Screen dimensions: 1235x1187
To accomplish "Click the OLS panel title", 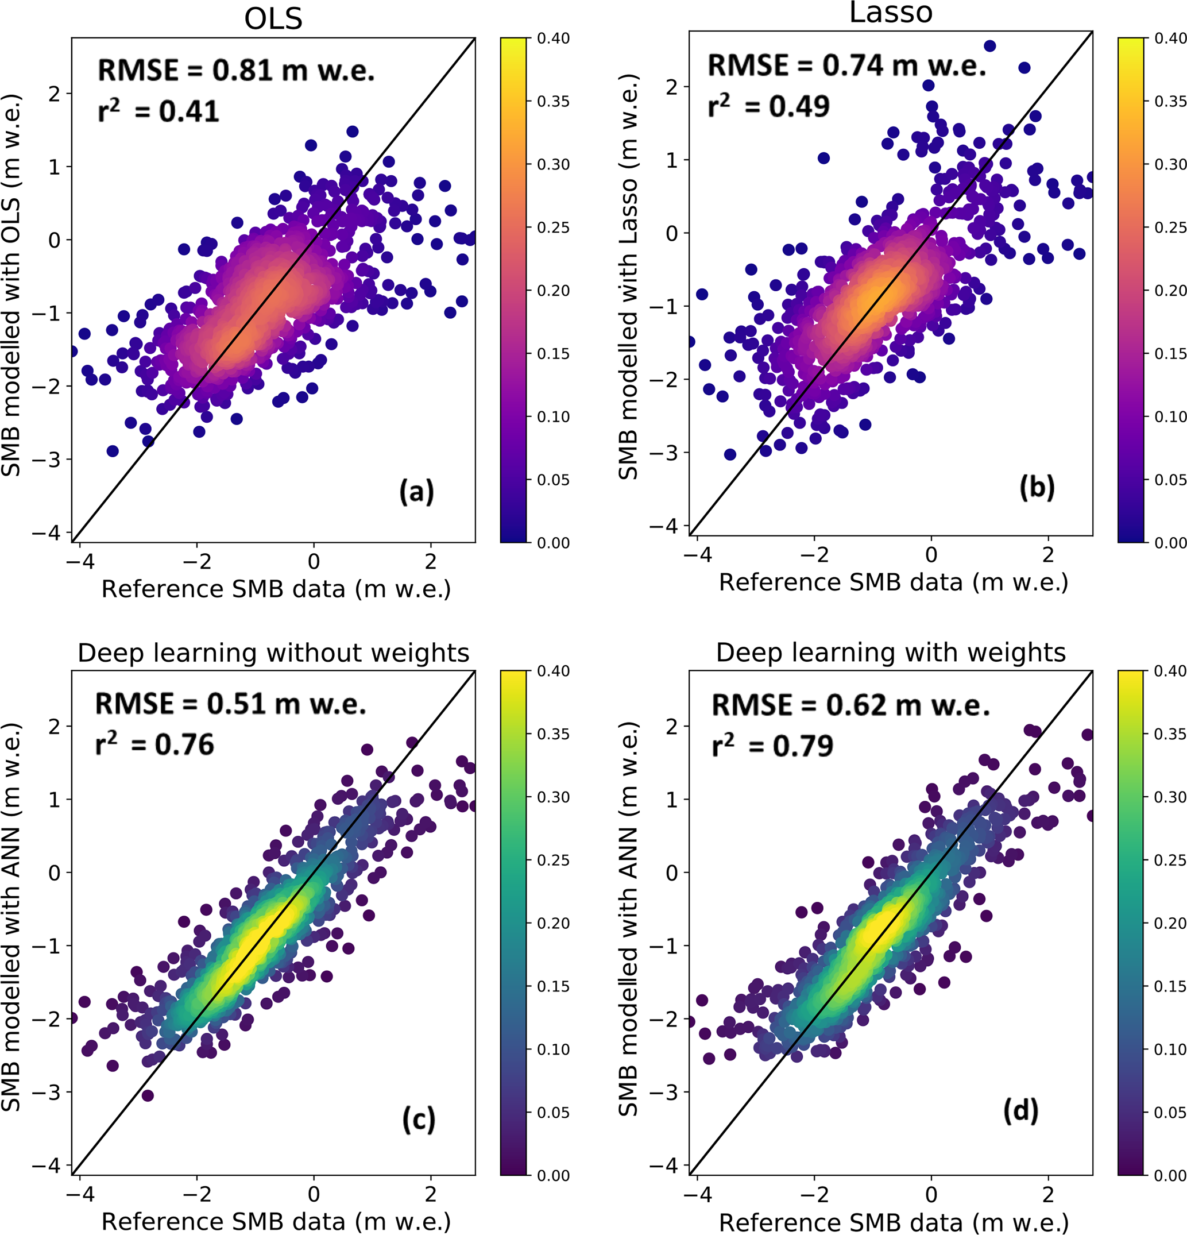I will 273,19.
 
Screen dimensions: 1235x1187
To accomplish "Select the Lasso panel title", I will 890,13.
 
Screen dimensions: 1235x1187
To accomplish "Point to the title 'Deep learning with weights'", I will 890,652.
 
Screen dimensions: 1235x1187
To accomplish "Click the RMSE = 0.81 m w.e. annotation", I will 236,70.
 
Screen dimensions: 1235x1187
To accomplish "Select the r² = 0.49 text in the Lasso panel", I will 769,106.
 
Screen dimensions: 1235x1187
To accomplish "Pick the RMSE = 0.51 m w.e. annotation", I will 231,704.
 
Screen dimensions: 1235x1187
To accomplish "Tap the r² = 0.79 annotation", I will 772,746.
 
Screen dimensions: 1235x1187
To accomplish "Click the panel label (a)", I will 416,492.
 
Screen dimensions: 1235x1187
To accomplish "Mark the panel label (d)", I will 1020,1110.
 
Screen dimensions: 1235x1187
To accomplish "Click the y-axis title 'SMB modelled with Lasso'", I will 628,277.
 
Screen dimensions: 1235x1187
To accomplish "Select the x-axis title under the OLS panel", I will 276,589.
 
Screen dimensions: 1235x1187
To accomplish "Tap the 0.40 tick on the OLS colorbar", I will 553,38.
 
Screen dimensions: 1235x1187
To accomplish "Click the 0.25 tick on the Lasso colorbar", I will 1170,227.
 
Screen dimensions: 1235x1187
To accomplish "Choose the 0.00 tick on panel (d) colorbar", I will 1170,1176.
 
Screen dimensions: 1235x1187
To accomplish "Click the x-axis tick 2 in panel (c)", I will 430,1194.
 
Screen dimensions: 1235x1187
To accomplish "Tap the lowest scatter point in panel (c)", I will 148,1096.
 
